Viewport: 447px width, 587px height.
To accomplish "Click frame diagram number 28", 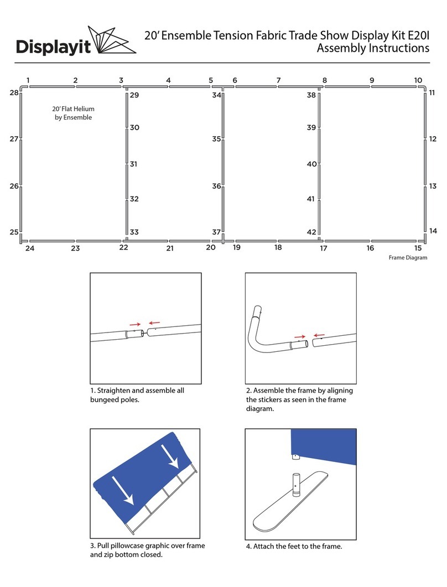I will coord(14,93).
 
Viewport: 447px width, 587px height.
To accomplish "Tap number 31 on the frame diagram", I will coord(133,164).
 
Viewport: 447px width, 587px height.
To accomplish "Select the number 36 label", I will coord(216,186).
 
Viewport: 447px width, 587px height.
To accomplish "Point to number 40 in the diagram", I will coord(311,164).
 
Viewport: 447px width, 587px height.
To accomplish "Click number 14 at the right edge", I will coord(433,231).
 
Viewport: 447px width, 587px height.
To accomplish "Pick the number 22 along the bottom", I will coord(123,247).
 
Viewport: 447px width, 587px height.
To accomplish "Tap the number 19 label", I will coord(236,247).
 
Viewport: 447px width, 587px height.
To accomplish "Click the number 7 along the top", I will coord(278,80).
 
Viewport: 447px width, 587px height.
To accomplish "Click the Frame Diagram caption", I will coord(408,258).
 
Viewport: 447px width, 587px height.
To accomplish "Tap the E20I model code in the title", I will coord(417,35).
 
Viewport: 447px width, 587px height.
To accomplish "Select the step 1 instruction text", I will coord(137,395).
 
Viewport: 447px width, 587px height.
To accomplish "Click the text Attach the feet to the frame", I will coord(294,546).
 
